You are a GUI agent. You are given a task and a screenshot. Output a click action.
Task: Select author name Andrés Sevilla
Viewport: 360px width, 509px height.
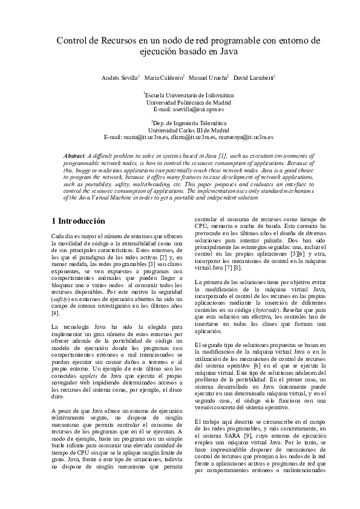[x=119, y=79]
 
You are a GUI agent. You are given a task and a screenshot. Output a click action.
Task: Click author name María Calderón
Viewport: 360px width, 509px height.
[x=164, y=79]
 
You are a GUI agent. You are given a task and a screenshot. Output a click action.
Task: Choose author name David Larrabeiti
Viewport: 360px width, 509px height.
[x=254, y=79]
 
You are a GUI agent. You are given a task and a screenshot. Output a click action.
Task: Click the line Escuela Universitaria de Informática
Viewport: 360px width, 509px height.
[x=180, y=96]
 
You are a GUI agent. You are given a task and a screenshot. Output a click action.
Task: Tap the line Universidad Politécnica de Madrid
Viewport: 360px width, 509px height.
[x=180, y=102]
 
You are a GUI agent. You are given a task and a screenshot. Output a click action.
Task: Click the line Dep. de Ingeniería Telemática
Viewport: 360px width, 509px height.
[x=180, y=123]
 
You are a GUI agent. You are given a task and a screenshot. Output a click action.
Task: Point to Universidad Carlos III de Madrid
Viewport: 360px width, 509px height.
[x=180, y=130]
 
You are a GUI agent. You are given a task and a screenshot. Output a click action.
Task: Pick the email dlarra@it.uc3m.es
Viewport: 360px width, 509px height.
[x=192, y=137]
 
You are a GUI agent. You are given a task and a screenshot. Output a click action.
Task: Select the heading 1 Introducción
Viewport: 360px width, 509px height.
[x=78, y=221]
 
